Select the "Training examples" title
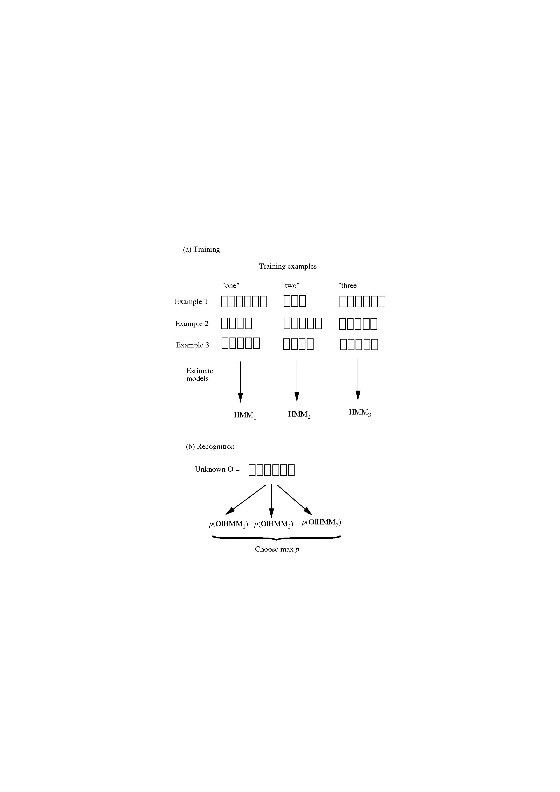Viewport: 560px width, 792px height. coord(288,266)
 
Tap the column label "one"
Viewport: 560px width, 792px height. coord(230,285)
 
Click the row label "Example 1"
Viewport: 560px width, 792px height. coord(191,301)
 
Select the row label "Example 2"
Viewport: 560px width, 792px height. coord(192,324)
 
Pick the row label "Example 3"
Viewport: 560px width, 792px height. coord(192,345)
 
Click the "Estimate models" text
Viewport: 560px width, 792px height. coord(200,375)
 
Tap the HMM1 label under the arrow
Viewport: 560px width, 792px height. coord(245,415)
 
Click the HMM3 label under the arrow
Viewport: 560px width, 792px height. coord(360,412)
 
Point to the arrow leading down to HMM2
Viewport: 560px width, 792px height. coord(297,381)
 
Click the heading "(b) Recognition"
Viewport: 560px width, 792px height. coord(210,446)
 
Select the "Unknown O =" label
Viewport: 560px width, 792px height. coord(217,469)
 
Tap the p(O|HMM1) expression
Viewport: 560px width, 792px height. coord(228,524)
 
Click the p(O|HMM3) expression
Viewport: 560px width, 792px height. coord(321,522)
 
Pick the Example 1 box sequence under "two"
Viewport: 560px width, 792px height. coord(295,301)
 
